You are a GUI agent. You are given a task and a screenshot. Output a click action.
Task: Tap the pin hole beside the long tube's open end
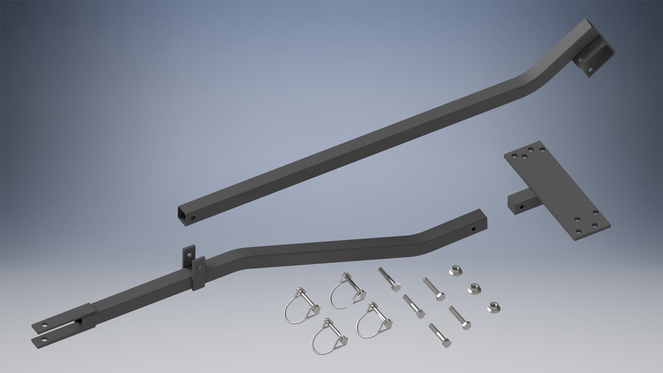click(193, 218)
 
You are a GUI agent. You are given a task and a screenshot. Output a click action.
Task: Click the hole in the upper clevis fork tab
click(45, 325)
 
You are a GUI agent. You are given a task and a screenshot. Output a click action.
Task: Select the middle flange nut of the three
click(473, 289)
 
